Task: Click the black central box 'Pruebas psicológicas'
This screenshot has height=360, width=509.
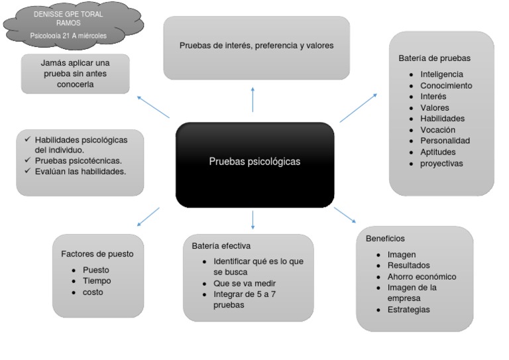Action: click(x=254, y=161)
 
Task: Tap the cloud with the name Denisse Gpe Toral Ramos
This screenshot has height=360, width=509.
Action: click(x=69, y=25)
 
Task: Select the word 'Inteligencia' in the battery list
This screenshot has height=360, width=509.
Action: click(x=441, y=74)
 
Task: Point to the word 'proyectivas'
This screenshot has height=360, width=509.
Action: click(x=441, y=163)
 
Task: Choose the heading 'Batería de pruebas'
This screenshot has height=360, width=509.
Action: click(x=434, y=58)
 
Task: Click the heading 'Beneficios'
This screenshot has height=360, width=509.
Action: click(x=385, y=238)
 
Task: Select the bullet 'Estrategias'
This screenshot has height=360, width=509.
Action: click(x=408, y=310)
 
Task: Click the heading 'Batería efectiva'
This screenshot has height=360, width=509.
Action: click(x=221, y=246)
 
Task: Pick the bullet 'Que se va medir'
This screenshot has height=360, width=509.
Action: click(x=245, y=283)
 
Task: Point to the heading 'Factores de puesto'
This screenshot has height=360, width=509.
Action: click(x=97, y=253)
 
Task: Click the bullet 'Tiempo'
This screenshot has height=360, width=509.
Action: click(x=97, y=280)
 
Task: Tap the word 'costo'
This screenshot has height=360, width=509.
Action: click(x=93, y=292)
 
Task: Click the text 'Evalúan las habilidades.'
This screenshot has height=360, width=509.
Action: click(x=80, y=171)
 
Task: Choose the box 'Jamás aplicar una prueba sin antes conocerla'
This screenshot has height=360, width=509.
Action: click(x=75, y=74)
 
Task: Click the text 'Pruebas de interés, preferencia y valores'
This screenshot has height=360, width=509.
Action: click(x=256, y=46)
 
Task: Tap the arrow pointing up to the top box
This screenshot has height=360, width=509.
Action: click(x=253, y=99)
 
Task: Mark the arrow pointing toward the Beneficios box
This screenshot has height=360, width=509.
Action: click(x=345, y=215)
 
